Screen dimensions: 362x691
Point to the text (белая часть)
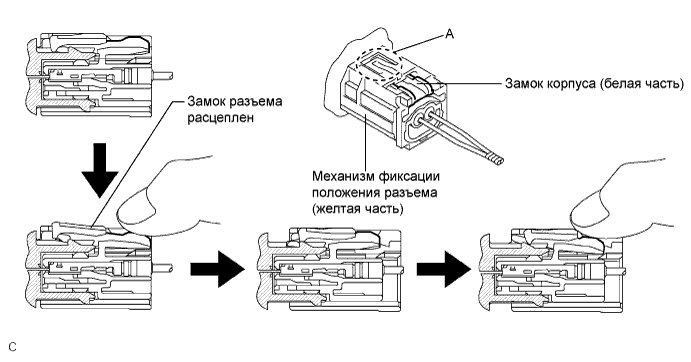tap(641, 87)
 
